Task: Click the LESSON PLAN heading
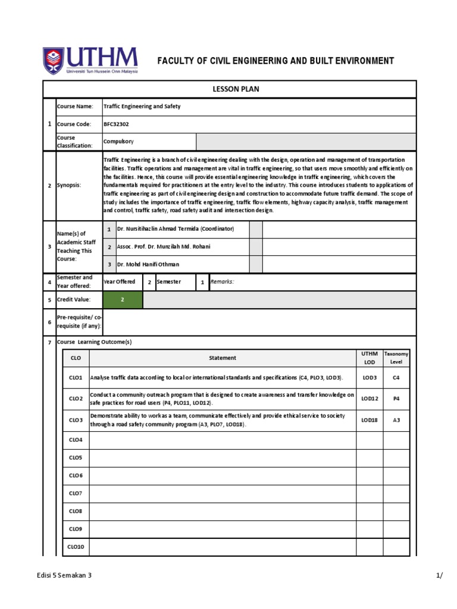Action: pyautogui.click(x=236, y=89)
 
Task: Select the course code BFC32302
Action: pyautogui.click(x=116, y=124)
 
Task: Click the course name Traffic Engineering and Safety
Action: pyautogui.click(x=142, y=106)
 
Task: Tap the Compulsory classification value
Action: pyautogui.click(x=119, y=142)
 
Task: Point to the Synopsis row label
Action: pyautogui.click(x=69, y=186)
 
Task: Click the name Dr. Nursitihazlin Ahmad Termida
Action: pyautogui.click(x=176, y=229)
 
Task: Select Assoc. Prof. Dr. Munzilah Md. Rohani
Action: pyautogui.click(x=164, y=246)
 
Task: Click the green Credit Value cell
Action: pyautogui.click(x=123, y=300)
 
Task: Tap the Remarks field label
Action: pyautogui.click(x=222, y=282)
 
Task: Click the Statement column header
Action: pyautogui.click(x=223, y=358)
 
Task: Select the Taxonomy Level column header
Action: pyautogui.click(x=396, y=357)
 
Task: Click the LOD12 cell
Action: pyautogui.click(x=370, y=398)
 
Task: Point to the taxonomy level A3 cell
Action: pyautogui.click(x=396, y=419)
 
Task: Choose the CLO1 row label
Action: pyautogui.click(x=76, y=378)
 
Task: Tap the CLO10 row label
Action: pyautogui.click(x=76, y=547)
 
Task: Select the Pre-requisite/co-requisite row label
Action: pyautogui.click(x=79, y=322)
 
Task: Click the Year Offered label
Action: pyautogui.click(x=120, y=282)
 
